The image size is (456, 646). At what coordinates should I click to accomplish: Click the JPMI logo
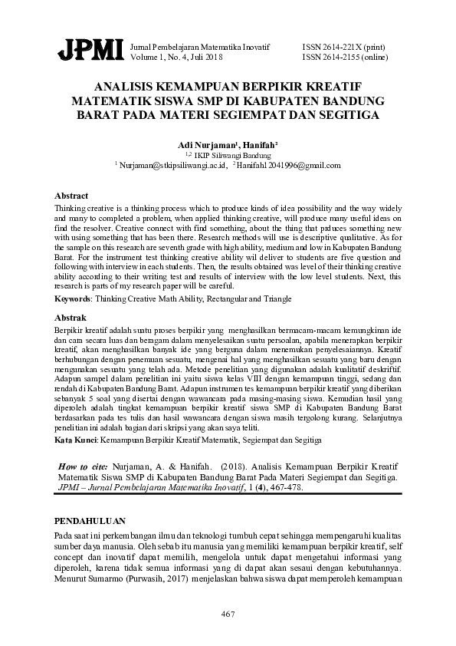(90, 51)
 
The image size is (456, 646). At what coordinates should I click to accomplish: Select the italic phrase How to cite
(84, 466)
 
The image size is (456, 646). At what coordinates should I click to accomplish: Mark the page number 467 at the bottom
(228, 614)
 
